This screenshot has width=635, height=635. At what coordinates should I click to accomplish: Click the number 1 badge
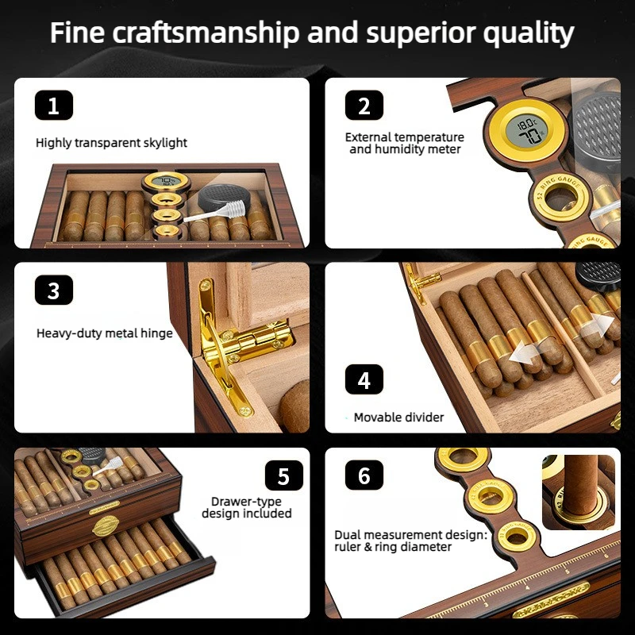click(54, 106)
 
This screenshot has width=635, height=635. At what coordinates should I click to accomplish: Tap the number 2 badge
click(364, 106)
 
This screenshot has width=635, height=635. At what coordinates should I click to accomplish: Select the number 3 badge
click(54, 290)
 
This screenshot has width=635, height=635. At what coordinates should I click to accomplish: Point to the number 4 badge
click(364, 379)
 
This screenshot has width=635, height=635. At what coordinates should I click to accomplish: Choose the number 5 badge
click(284, 475)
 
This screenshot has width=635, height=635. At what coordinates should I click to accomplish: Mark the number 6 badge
click(364, 475)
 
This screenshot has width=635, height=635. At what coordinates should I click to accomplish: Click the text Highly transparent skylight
click(111, 143)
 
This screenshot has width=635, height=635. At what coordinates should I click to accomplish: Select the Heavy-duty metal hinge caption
click(105, 333)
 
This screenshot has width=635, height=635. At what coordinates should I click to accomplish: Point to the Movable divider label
click(399, 418)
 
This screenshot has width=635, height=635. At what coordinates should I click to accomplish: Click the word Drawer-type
click(246, 502)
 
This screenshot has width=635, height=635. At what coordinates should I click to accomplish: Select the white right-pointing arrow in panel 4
click(598, 324)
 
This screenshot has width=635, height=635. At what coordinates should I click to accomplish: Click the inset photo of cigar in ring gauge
click(579, 492)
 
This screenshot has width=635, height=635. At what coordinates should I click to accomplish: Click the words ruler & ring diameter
click(393, 547)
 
